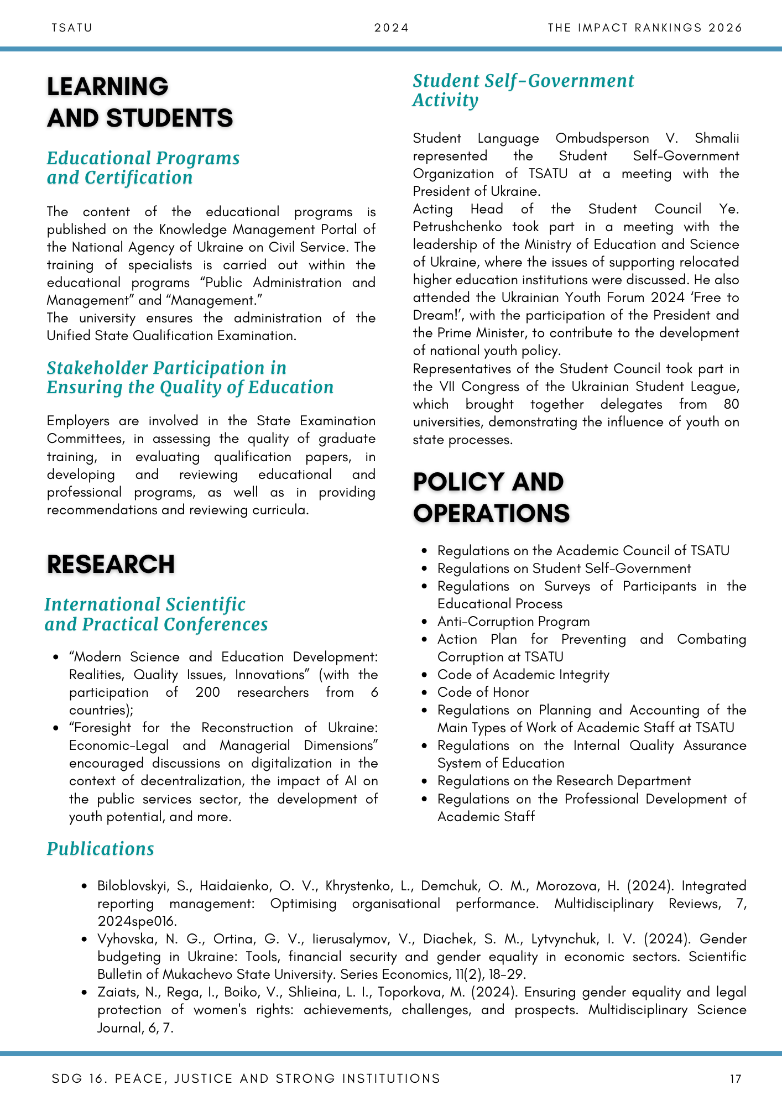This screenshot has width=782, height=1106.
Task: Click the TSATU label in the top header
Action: [x=72, y=28]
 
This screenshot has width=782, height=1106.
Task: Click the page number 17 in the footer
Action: [x=736, y=1078]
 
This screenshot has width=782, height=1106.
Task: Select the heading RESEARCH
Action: [x=111, y=565]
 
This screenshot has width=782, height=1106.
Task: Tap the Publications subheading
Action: [x=100, y=849]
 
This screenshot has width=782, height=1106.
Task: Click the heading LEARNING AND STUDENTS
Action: [x=140, y=102]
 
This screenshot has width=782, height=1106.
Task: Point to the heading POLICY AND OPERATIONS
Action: [x=491, y=498]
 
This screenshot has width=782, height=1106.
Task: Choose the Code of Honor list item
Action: [x=483, y=692]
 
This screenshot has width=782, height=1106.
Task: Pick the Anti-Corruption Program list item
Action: [x=513, y=622]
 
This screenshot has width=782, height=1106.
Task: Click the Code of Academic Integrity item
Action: [x=523, y=675]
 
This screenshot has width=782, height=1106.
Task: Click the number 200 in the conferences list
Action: [x=207, y=692]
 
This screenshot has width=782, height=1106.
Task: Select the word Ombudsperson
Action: [x=602, y=138]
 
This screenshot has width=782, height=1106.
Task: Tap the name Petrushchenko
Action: [x=457, y=227]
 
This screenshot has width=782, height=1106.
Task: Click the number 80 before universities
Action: [x=731, y=404]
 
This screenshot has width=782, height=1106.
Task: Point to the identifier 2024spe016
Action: [x=137, y=921]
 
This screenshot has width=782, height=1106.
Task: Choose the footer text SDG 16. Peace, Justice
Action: [x=246, y=1078]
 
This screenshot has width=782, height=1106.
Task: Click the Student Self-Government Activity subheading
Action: [x=523, y=91]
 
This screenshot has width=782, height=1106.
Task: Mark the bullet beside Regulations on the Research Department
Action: [x=424, y=781]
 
